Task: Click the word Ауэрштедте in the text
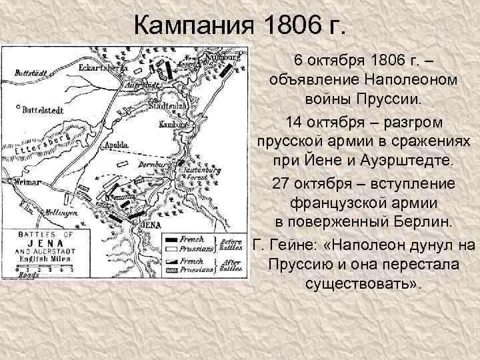click(x=411, y=162)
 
